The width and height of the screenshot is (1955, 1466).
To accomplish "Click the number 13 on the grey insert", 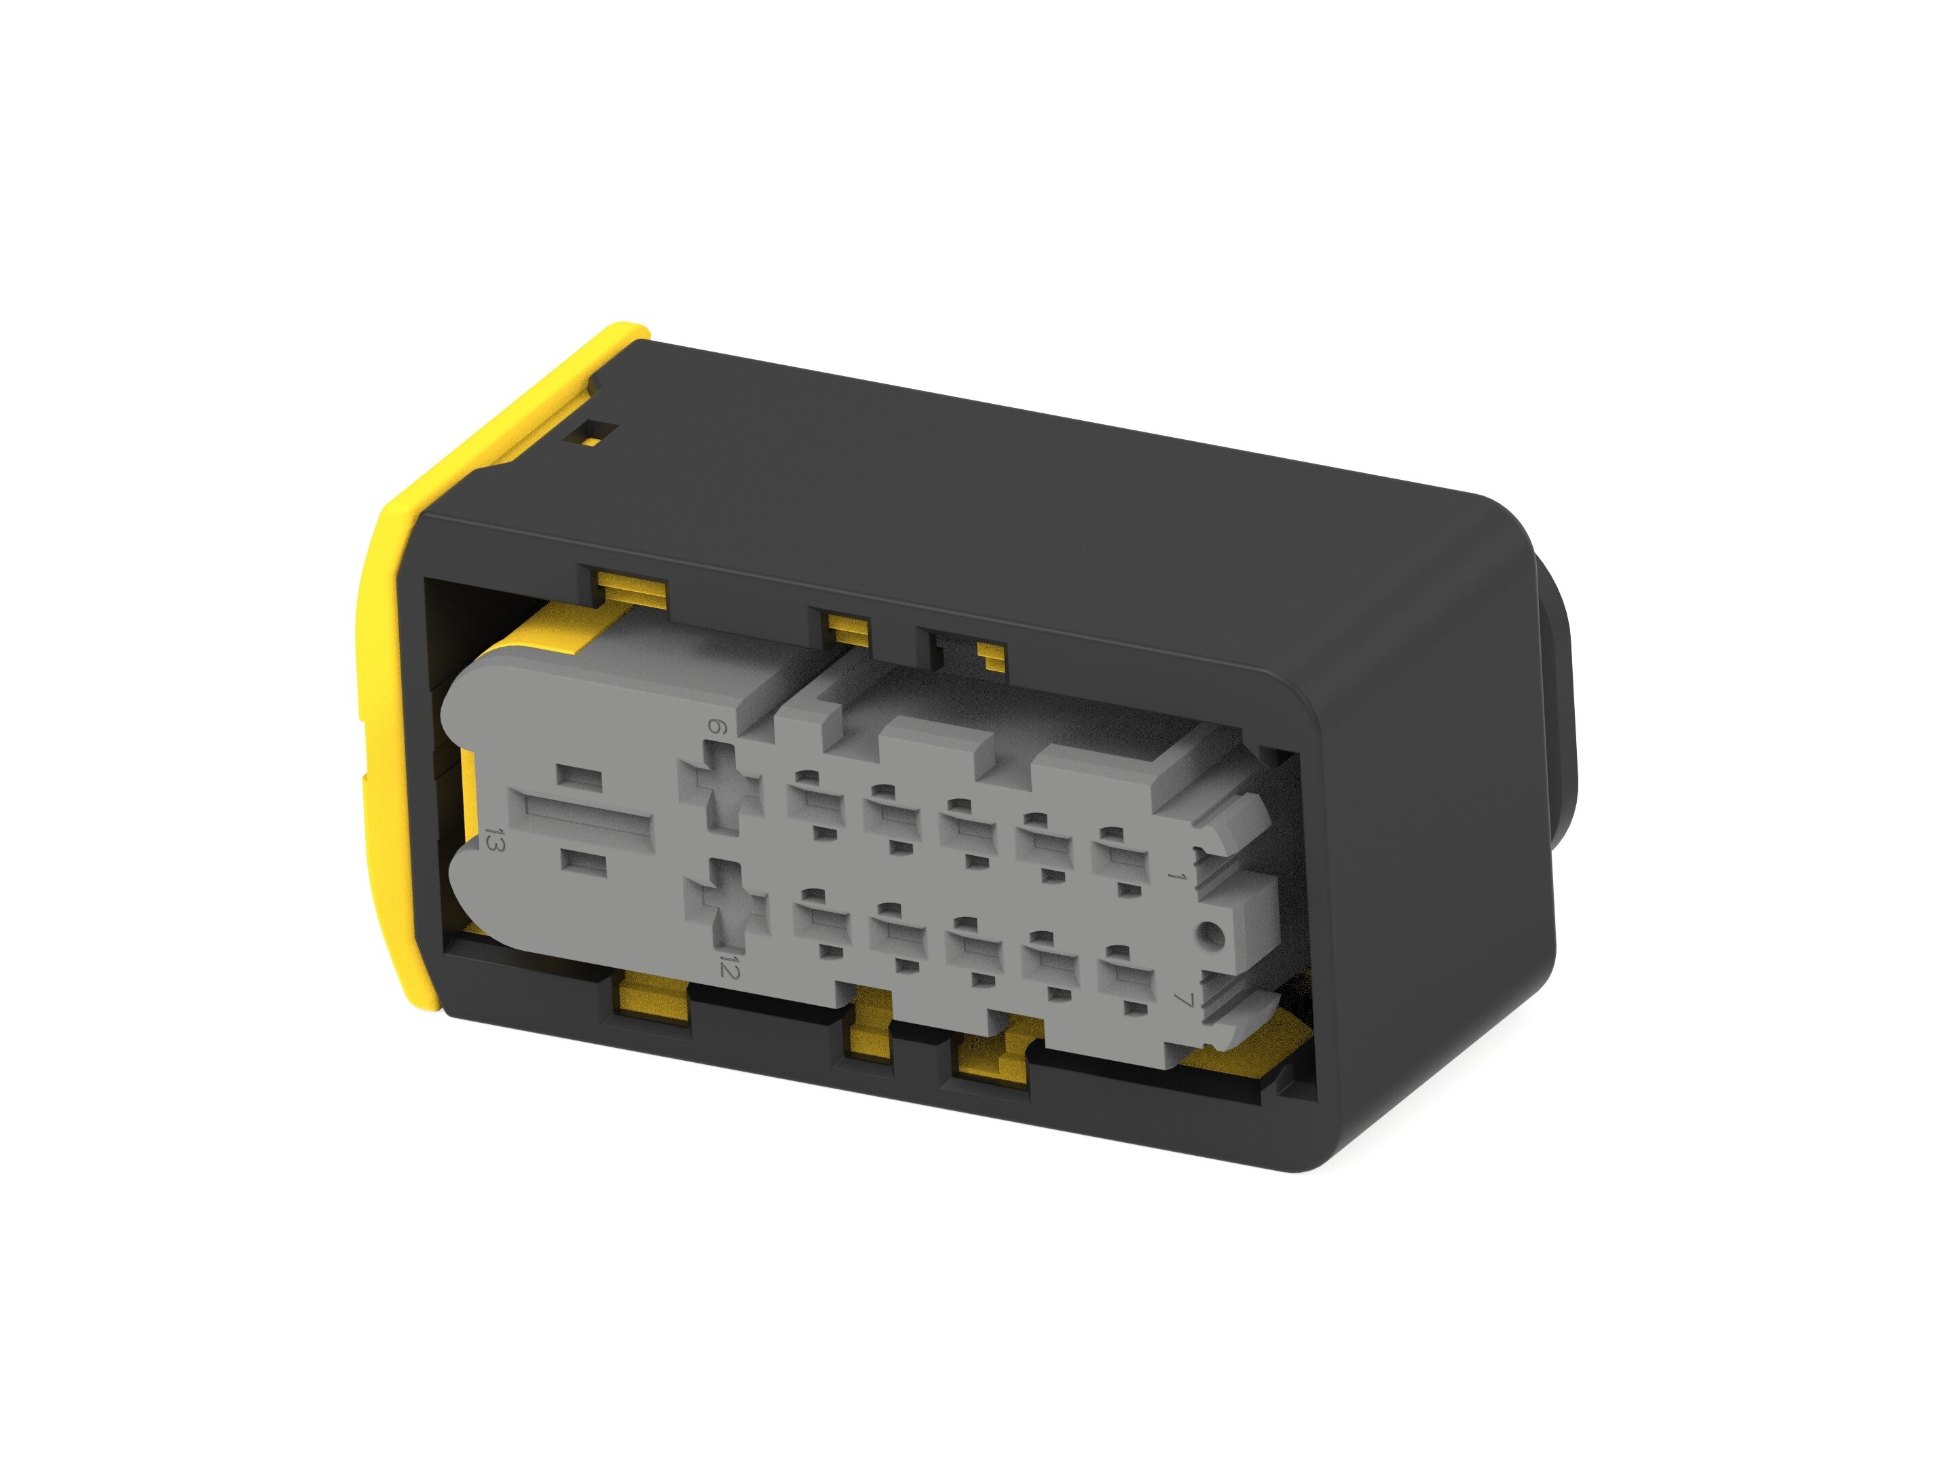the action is pyautogui.click(x=495, y=840).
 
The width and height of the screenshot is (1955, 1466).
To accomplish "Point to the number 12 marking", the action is pyautogui.click(x=728, y=966).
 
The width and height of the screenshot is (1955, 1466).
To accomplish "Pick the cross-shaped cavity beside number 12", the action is pyautogui.click(x=726, y=906).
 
